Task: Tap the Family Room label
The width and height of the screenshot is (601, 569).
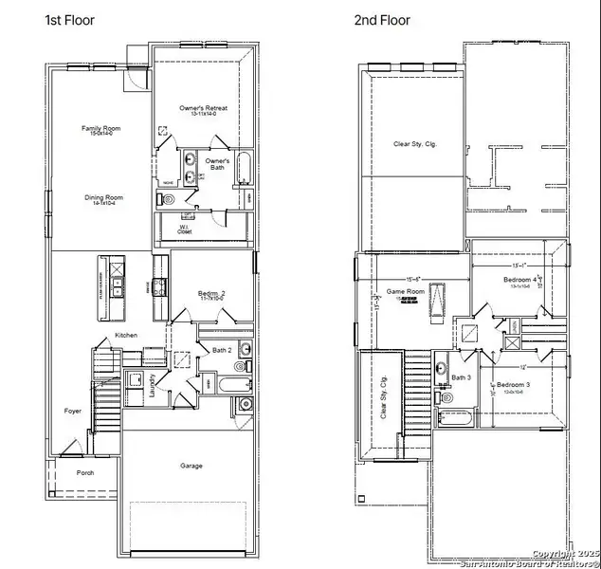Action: pos(97,128)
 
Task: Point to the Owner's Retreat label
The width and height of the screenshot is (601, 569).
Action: pos(203,109)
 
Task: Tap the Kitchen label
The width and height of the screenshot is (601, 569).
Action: pos(127,336)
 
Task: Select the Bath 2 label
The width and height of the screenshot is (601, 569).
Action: pos(222,350)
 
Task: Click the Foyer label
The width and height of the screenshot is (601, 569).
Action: pos(73,411)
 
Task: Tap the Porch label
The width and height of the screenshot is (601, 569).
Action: pos(85,471)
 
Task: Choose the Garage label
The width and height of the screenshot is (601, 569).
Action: pos(192,466)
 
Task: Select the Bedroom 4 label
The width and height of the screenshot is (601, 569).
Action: pos(519,281)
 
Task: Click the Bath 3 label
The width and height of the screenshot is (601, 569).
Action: pos(461,378)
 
